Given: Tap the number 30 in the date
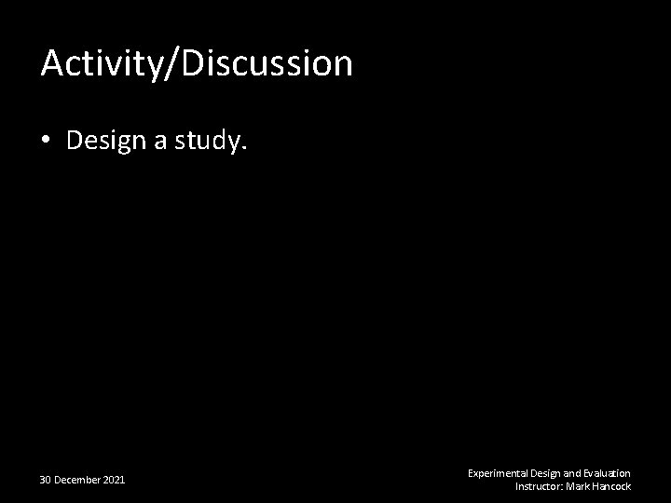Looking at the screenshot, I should [x=46, y=480].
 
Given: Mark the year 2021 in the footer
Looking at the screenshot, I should [x=115, y=480].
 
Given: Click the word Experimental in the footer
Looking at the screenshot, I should [x=497, y=473].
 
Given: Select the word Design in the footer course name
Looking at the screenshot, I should [x=545, y=473].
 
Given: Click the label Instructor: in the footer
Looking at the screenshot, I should [x=540, y=486].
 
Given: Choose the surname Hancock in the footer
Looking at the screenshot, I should [x=611, y=486].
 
